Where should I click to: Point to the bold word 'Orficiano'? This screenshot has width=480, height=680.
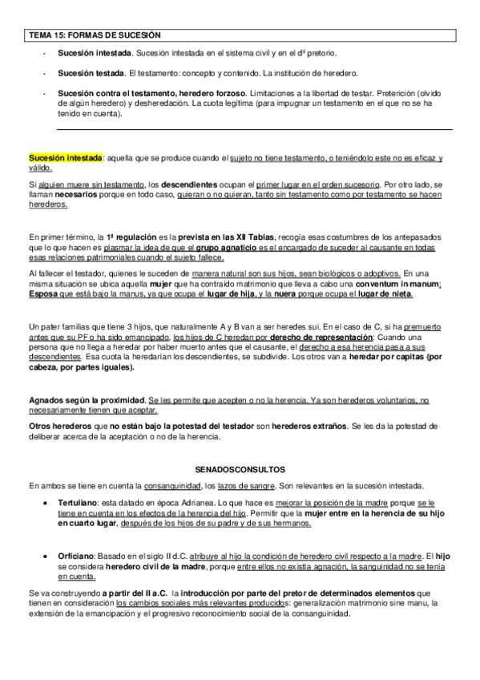click(x=78, y=555)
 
